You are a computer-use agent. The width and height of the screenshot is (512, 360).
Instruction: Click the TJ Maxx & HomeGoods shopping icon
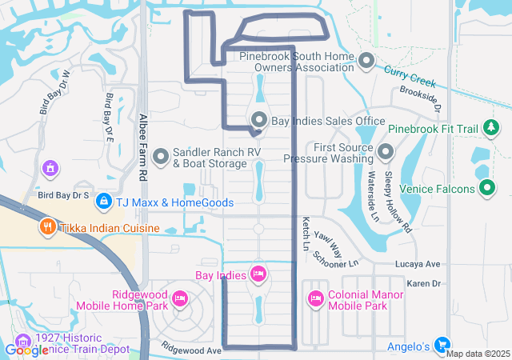(102, 202)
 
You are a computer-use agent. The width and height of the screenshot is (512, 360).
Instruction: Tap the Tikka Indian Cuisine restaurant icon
(46, 227)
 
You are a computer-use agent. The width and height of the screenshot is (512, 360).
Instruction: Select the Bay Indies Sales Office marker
(259, 120)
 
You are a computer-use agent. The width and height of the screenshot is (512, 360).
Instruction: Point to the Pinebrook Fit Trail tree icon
(490, 127)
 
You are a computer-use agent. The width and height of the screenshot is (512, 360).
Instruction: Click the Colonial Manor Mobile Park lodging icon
(315, 299)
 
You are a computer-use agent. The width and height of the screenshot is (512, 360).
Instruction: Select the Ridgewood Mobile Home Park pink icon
(179, 299)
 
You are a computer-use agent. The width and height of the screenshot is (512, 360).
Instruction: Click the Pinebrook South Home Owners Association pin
(366, 61)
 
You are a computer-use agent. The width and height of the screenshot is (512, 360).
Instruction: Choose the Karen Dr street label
(424, 284)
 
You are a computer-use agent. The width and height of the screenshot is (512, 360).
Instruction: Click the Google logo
(27, 350)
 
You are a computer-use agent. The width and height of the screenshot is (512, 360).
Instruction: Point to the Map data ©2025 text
(478, 354)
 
